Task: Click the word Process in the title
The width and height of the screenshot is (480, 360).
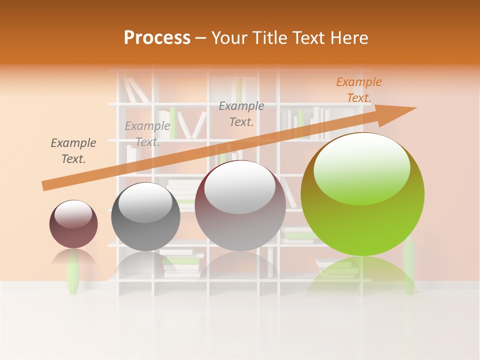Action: click(157, 38)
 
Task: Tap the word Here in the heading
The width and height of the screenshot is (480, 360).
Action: click(349, 38)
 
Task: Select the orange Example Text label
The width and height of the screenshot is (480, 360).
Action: click(359, 90)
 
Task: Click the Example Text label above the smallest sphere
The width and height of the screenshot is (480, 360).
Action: click(73, 151)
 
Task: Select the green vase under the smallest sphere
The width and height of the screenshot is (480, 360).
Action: click(73, 272)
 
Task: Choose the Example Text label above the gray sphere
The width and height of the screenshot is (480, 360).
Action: click(147, 134)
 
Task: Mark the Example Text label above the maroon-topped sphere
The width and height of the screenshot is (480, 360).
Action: click(241, 114)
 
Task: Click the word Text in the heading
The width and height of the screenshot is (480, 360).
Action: click(310, 38)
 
